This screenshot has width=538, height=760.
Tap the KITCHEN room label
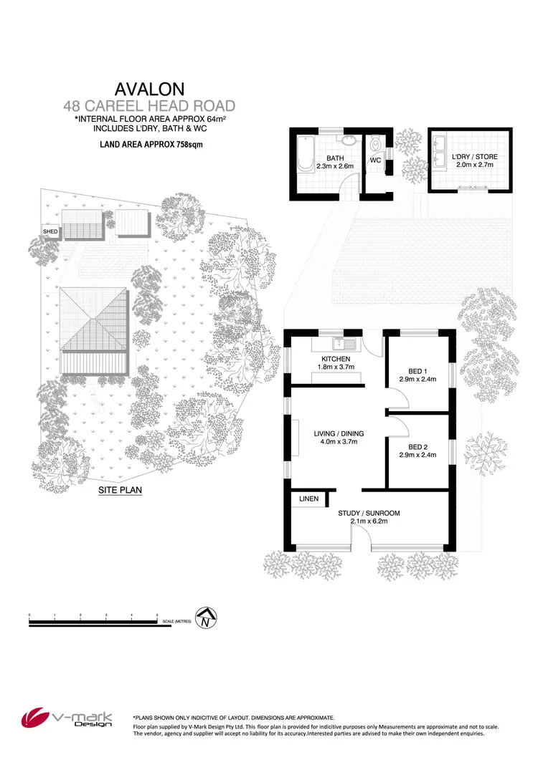click(x=336, y=359)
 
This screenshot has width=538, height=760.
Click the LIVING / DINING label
click(x=339, y=433)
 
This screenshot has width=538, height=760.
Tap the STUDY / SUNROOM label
click(x=369, y=513)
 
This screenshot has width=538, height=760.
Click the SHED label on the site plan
click(x=51, y=231)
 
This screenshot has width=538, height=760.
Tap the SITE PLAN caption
click(x=121, y=492)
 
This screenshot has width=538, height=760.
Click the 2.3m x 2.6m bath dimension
click(x=335, y=165)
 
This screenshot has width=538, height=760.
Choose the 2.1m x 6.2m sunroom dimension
click(x=369, y=521)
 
